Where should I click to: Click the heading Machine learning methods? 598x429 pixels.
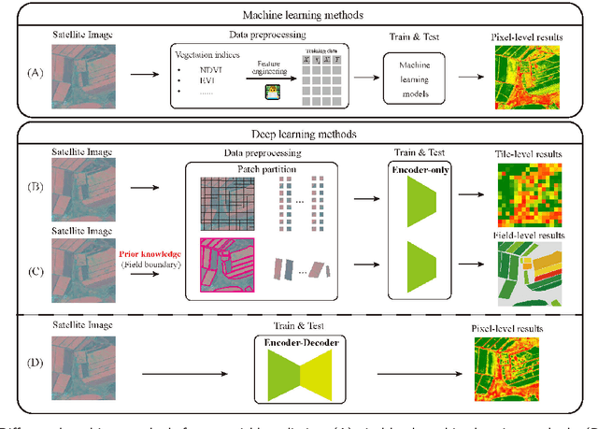pyautogui.click(x=299, y=16)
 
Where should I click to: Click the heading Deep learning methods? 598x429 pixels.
pyautogui.click(x=299, y=133)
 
